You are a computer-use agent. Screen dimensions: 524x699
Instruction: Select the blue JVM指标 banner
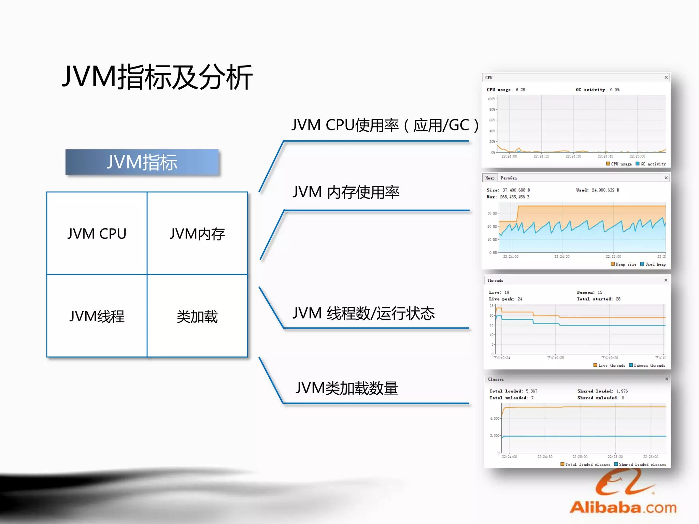(x=142, y=162)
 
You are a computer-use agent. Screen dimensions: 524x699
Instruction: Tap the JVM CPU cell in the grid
(x=97, y=234)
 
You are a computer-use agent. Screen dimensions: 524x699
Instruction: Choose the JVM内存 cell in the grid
(x=197, y=234)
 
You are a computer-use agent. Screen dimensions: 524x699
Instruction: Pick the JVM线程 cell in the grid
(x=97, y=316)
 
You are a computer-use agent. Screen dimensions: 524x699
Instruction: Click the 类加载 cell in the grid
(x=197, y=316)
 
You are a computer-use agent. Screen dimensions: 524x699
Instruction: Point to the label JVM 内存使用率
(x=346, y=192)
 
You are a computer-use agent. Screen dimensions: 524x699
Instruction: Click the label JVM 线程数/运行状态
(x=363, y=313)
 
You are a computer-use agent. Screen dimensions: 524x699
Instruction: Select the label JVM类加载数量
(x=346, y=388)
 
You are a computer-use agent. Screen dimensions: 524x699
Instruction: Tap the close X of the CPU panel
(x=666, y=77)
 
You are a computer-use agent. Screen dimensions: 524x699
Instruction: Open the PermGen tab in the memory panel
(x=509, y=178)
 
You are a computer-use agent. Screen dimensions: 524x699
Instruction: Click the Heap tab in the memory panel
(x=490, y=178)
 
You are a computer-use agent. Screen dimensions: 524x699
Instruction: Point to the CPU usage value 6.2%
(x=520, y=90)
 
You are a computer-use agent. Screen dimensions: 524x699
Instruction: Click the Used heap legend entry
(x=653, y=264)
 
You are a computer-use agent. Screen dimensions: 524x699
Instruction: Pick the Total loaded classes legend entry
(x=585, y=464)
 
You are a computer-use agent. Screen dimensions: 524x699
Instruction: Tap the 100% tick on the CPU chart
(x=491, y=99)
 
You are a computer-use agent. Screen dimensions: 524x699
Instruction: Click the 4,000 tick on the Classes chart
(x=495, y=418)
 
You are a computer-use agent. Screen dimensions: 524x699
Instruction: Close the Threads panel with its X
(x=666, y=280)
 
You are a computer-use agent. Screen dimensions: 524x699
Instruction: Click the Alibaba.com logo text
(x=623, y=507)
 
